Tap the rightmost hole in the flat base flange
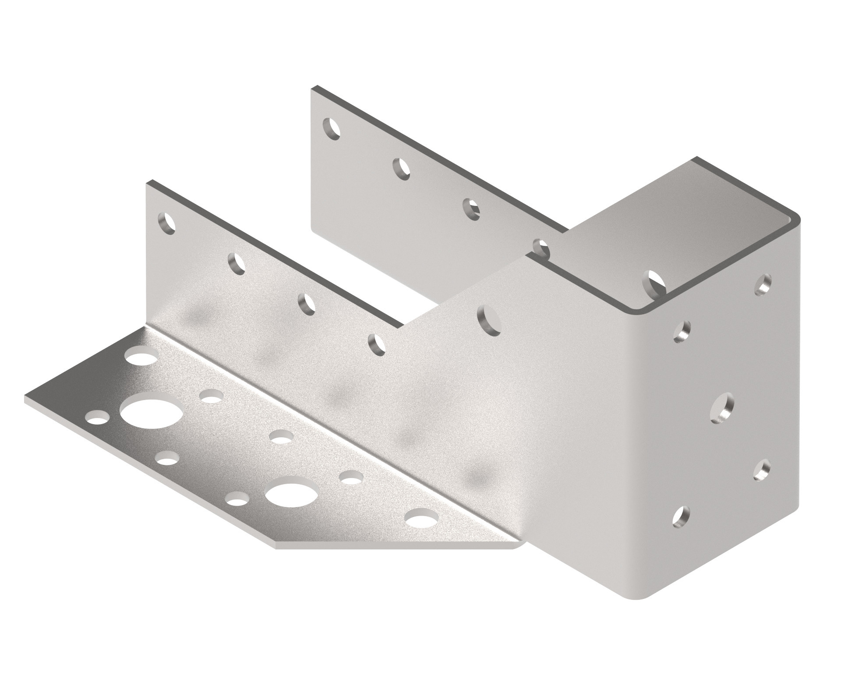click(x=421, y=518)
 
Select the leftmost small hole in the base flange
click(x=97, y=416)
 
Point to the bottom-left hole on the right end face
click(x=680, y=516)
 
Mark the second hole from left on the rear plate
click(x=402, y=169)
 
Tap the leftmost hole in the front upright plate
click(x=166, y=223)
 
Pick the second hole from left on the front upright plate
click(x=237, y=263)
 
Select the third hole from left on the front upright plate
click(x=306, y=303)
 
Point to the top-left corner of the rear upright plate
click(x=312, y=89)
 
